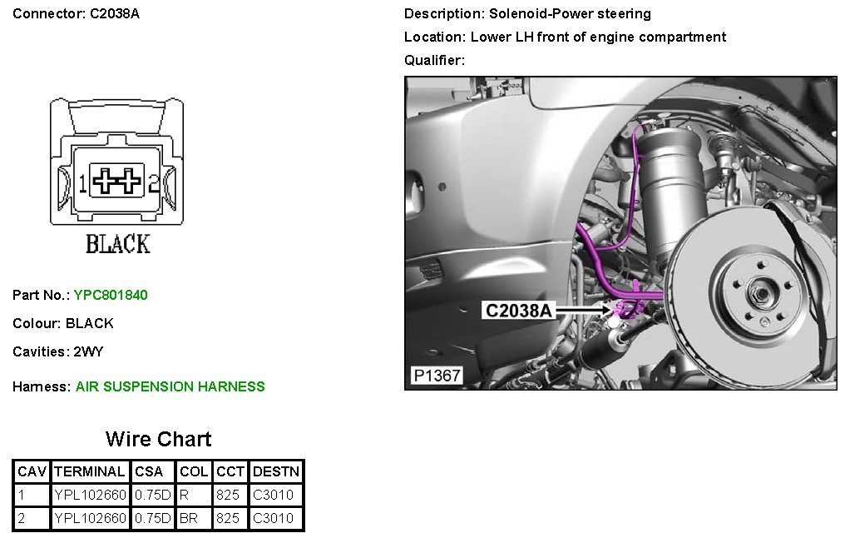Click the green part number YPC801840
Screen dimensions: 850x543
[111, 295]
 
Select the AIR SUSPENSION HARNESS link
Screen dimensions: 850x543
[170, 386]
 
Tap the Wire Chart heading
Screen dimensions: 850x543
[158, 439]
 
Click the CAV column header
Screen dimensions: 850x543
[32, 471]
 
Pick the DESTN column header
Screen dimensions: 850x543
[276, 471]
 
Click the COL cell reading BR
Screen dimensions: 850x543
[189, 519]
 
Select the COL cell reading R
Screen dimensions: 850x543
[185, 495]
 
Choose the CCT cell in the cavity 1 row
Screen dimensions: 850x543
[228, 495]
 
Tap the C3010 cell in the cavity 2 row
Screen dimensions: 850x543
[273, 519]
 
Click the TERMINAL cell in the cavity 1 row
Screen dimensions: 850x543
[90, 495]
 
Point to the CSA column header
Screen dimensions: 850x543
[149, 471]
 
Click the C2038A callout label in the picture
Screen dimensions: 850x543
[518, 311]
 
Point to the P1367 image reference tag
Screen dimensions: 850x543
[437, 376]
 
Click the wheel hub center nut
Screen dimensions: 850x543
[762, 294]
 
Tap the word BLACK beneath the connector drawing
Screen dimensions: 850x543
[117, 244]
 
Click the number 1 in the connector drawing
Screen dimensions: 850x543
[82, 183]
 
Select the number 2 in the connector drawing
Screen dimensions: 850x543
[153, 183]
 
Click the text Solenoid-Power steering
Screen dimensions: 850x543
[570, 13]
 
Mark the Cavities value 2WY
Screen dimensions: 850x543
[88, 351]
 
